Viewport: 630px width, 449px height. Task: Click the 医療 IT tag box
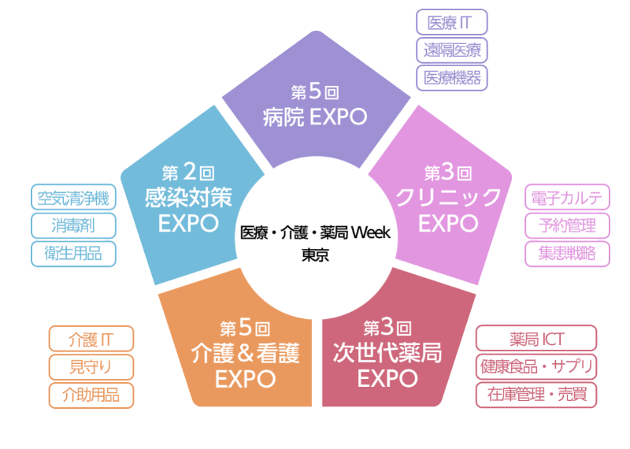[452, 22]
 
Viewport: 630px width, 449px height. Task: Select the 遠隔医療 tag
[452, 50]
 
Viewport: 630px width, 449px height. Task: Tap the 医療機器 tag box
[452, 77]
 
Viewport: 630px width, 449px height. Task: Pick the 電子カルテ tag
[567, 198]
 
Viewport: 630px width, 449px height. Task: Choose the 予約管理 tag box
[567, 225]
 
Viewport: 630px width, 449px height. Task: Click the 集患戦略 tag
[567, 253]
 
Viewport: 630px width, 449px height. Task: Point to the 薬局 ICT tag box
[536, 340]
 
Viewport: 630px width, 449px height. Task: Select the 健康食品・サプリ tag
[536, 367]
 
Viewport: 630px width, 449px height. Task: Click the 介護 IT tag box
[91, 340]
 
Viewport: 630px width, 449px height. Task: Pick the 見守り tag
[91, 367]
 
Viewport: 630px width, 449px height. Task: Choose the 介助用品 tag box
[91, 395]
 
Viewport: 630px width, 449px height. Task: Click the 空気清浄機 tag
[73, 197]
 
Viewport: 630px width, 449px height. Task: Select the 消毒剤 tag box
[73, 224]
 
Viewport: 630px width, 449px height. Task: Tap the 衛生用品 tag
[73, 253]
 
